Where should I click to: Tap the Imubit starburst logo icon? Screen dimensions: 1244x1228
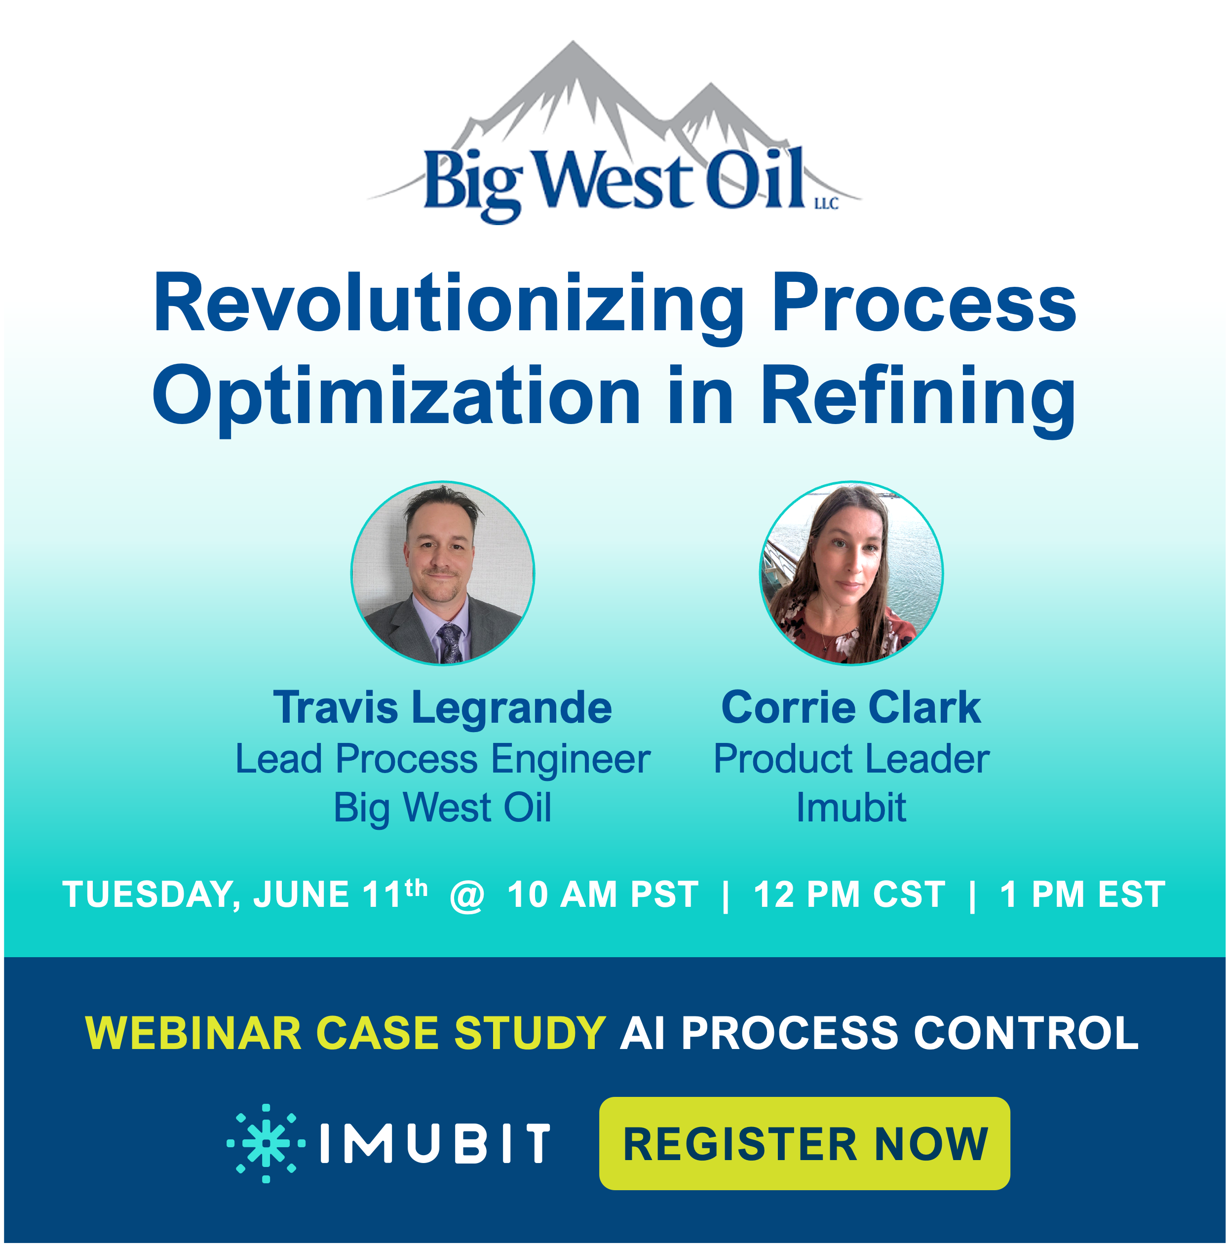tap(266, 1143)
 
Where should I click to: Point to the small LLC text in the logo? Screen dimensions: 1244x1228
tap(826, 204)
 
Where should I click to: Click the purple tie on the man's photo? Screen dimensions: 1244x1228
tap(451, 641)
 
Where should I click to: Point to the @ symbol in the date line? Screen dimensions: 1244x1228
tap(467, 895)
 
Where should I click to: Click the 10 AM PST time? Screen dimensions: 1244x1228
tap(603, 895)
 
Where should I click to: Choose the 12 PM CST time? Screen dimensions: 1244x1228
tap(849, 895)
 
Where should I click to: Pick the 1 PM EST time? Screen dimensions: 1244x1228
tap(1082, 895)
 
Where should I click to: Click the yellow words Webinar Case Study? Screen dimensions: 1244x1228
tap(345, 1033)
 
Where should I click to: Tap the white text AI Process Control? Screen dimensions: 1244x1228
tap(879, 1033)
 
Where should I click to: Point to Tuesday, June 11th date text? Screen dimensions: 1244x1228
tap(245, 895)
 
